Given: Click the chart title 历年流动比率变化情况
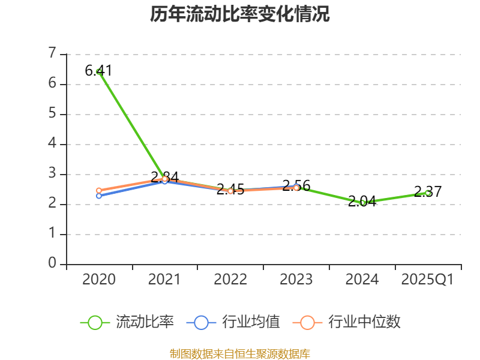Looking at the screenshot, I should [x=240, y=14].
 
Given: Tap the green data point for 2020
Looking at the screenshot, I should [x=99, y=72].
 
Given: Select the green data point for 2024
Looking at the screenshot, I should [x=362, y=203].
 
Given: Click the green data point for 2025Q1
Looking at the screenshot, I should [x=428, y=193].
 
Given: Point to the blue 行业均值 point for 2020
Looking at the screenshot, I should [x=99, y=196].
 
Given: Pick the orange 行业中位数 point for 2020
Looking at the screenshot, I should [x=99, y=190].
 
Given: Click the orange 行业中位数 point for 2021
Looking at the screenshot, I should [x=164, y=179].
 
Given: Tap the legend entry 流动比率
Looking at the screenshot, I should [x=128, y=322].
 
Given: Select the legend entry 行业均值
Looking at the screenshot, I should [x=234, y=322].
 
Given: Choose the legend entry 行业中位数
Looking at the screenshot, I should [x=347, y=322].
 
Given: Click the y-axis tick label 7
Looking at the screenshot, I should [x=52, y=54].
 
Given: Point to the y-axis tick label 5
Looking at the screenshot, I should [x=52, y=114].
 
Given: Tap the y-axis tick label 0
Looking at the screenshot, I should [x=52, y=264].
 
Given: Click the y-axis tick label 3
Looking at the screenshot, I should [x=52, y=174].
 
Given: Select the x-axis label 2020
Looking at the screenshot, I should [x=99, y=280].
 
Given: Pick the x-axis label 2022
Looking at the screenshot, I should [x=230, y=280].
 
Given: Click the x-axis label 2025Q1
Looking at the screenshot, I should [x=428, y=280].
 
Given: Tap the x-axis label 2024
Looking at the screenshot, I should [x=362, y=280].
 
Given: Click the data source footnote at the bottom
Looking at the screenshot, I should [x=240, y=353].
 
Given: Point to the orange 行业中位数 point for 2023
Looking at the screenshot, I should [x=296, y=188].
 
